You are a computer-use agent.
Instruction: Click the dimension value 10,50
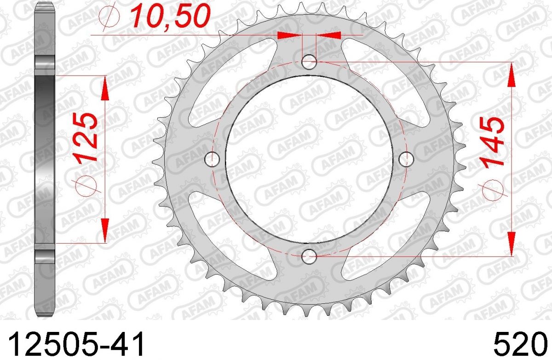pyautogui.click(x=170, y=16)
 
